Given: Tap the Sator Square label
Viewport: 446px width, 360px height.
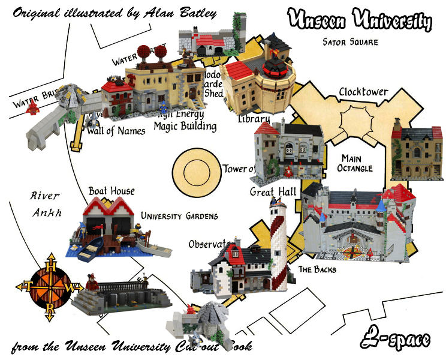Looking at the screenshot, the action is (351, 42).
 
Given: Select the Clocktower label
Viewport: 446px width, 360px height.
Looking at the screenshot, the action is (363, 92).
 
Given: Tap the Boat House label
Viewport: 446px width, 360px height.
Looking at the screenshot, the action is (111, 191).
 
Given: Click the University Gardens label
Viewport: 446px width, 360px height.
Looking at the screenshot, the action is (179, 215).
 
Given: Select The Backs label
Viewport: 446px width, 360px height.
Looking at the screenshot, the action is (317, 269).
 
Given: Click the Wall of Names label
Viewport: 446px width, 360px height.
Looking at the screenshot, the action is (116, 130).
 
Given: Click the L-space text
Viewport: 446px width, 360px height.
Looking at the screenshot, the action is (396, 340).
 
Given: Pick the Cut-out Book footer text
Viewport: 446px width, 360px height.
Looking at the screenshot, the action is (132, 347).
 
